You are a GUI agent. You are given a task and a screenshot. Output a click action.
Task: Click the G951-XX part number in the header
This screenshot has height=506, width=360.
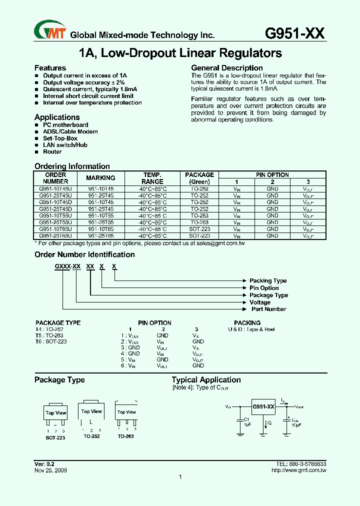[x=294, y=33]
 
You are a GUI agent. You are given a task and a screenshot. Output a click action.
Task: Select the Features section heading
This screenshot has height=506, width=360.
[x=50, y=68]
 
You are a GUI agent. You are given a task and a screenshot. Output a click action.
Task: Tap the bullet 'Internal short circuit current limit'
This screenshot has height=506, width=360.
[x=88, y=96]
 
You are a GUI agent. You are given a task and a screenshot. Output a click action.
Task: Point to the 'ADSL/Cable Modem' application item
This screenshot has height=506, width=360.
[x=70, y=131]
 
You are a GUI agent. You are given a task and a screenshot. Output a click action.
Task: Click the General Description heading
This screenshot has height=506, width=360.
[x=226, y=68]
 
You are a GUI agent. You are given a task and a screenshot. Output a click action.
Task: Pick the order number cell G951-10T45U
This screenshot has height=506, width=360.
[x=55, y=189]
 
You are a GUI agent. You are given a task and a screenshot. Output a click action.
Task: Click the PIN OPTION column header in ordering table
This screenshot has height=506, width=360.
[x=272, y=175]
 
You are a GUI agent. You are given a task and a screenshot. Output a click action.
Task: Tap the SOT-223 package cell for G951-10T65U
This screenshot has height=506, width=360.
[x=199, y=228]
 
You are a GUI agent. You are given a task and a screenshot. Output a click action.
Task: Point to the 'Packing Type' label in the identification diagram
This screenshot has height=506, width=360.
[x=268, y=281]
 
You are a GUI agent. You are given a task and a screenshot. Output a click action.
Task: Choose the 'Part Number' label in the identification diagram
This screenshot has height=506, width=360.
[x=268, y=309]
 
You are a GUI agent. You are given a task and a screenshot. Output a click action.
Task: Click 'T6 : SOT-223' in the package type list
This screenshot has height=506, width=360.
[x=51, y=341]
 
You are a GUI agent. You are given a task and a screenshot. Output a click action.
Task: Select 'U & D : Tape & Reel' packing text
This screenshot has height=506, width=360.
[x=251, y=329]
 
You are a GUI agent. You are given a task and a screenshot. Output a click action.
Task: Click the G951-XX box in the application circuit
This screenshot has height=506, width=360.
[x=263, y=407]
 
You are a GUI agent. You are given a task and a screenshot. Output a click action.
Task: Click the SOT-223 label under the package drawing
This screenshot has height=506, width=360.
[x=55, y=436]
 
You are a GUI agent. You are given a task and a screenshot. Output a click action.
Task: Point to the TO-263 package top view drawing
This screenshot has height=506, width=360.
[x=126, y=413]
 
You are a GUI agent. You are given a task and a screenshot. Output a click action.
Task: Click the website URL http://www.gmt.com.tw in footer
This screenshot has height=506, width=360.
[x=298, y=470]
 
